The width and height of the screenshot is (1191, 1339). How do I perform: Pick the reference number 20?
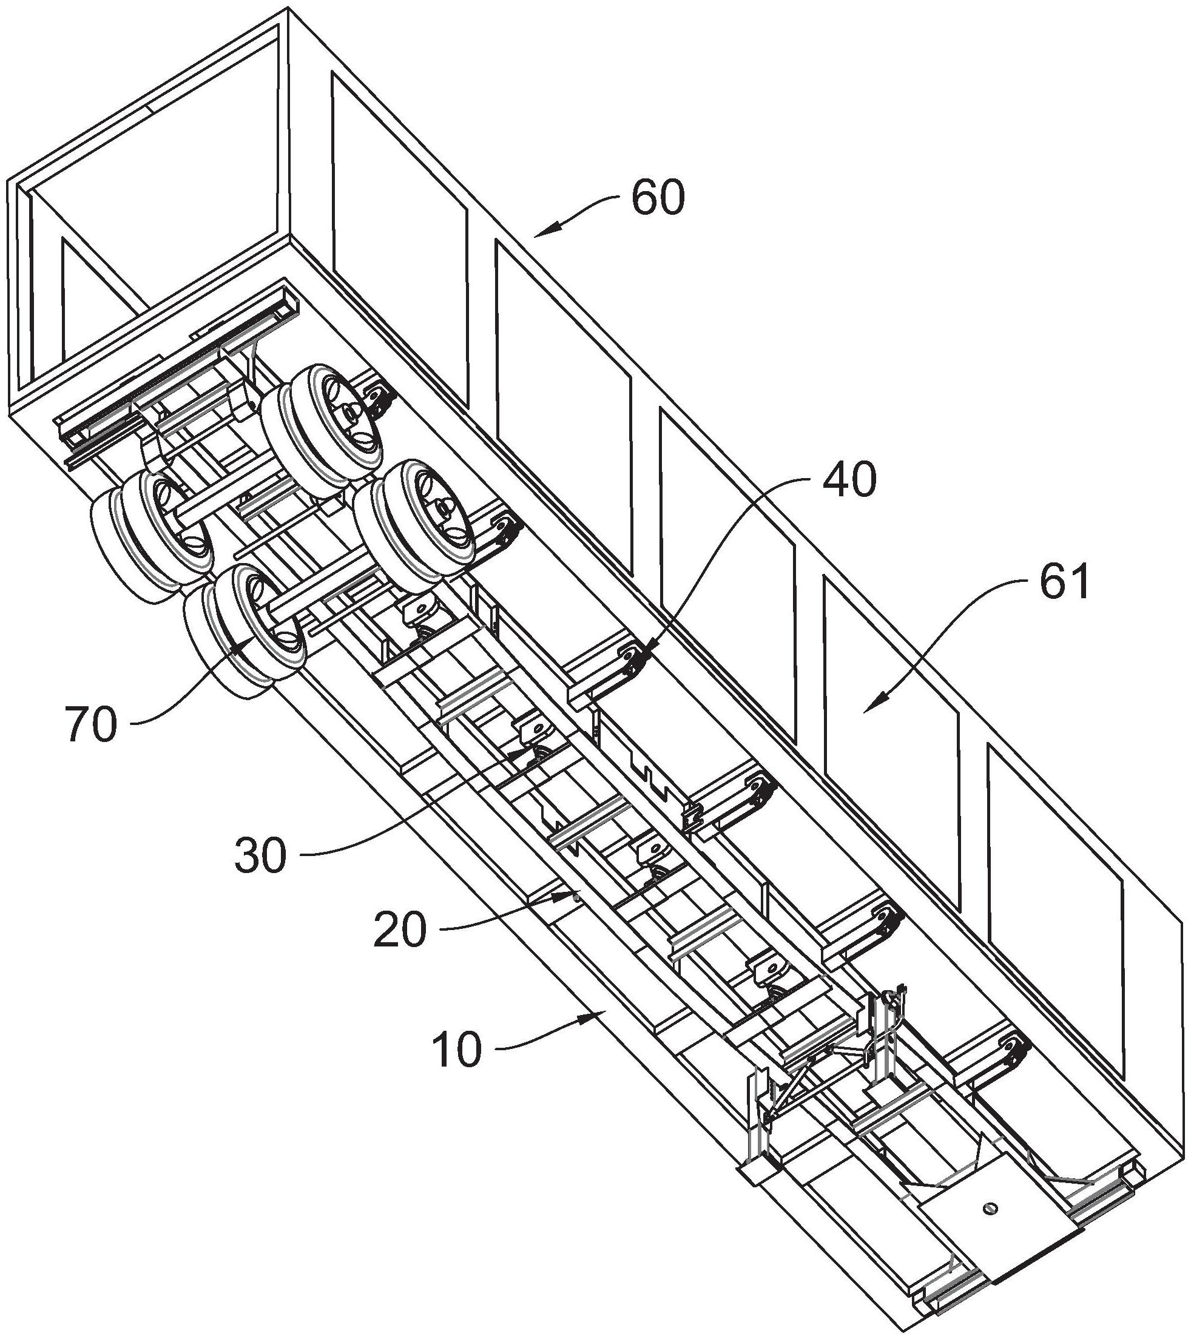click(400, 931)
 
